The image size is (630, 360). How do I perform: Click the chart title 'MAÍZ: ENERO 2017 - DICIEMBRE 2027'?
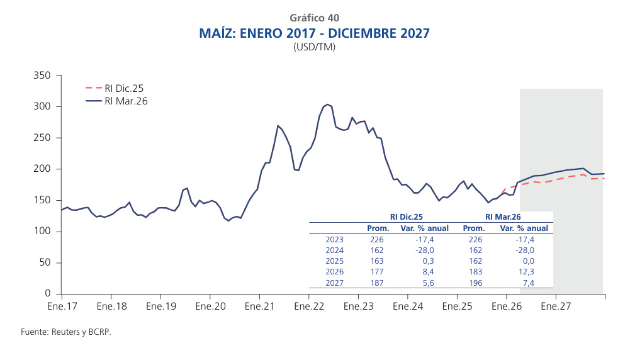[x=315, y=33]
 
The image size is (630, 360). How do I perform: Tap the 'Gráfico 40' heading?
[x=315, y=18]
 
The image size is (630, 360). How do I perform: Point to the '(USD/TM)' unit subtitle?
[x=315, y=47]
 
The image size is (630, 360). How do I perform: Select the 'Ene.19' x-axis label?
[x=160, y=307]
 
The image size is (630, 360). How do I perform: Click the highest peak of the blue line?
[x=328, y=104]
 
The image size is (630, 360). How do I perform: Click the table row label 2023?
[x=334, y=239]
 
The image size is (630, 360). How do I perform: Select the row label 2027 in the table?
[x=334, y=282]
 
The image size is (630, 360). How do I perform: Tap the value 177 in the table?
[x=377, y=271]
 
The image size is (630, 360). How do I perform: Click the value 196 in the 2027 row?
[x=475, y=282]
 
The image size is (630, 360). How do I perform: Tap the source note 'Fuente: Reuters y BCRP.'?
[x=65, y=332]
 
